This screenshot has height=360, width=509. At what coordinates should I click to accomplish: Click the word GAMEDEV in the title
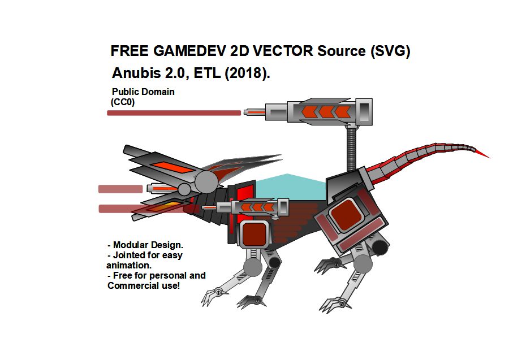[x=189, y=51]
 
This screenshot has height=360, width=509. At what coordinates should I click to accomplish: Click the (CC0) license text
[x=123, y=102]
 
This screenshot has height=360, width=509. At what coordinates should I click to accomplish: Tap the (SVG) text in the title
[x=390, y=51]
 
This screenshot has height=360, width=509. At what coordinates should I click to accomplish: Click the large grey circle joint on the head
[x=206, y=181]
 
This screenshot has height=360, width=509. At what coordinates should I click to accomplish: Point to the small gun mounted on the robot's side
[x=255, y=207]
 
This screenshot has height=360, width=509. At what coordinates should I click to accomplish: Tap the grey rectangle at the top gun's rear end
[x=365, y=110]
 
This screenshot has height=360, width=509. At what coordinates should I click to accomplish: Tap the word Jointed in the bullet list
[x=132, y=255]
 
